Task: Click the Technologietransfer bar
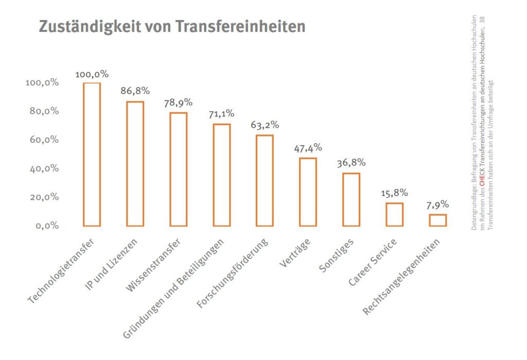[x=92, y=155]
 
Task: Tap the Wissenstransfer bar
[x=178, y=169]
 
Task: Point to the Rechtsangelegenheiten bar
[x=437, y=220]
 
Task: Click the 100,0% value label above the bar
[x=92, y=74]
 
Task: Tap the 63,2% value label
[x=265, y=125]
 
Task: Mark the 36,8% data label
[x=351, y=163]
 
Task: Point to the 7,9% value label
[x=437, y=204]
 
